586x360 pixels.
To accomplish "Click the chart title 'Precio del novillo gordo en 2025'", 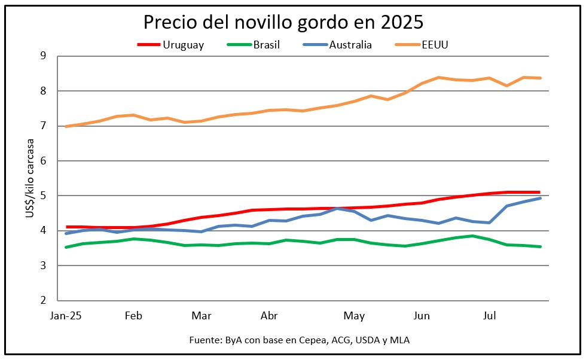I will pos(283,22).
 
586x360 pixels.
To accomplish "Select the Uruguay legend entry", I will pos(170,45).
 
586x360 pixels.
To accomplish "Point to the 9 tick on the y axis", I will pos(43,56).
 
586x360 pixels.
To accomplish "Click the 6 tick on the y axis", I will pos(43,161).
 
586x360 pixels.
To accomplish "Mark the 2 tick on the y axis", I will pos(43,301).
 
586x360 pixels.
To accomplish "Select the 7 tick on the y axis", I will pos(43,126).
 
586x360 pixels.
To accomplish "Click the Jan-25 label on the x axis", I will pos(66,316).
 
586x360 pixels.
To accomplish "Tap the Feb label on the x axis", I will pos(133,316).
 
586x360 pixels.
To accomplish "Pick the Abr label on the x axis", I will pos(270,316).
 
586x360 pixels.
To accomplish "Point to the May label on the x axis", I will pos(355,316).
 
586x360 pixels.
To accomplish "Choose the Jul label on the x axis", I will pos(490,316).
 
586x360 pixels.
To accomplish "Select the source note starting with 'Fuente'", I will pos(299,340).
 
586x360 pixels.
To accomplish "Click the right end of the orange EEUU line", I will pos(541,78).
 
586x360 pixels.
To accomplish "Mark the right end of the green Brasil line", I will pos(541,246).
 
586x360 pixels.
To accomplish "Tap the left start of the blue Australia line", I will pos(66,233).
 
